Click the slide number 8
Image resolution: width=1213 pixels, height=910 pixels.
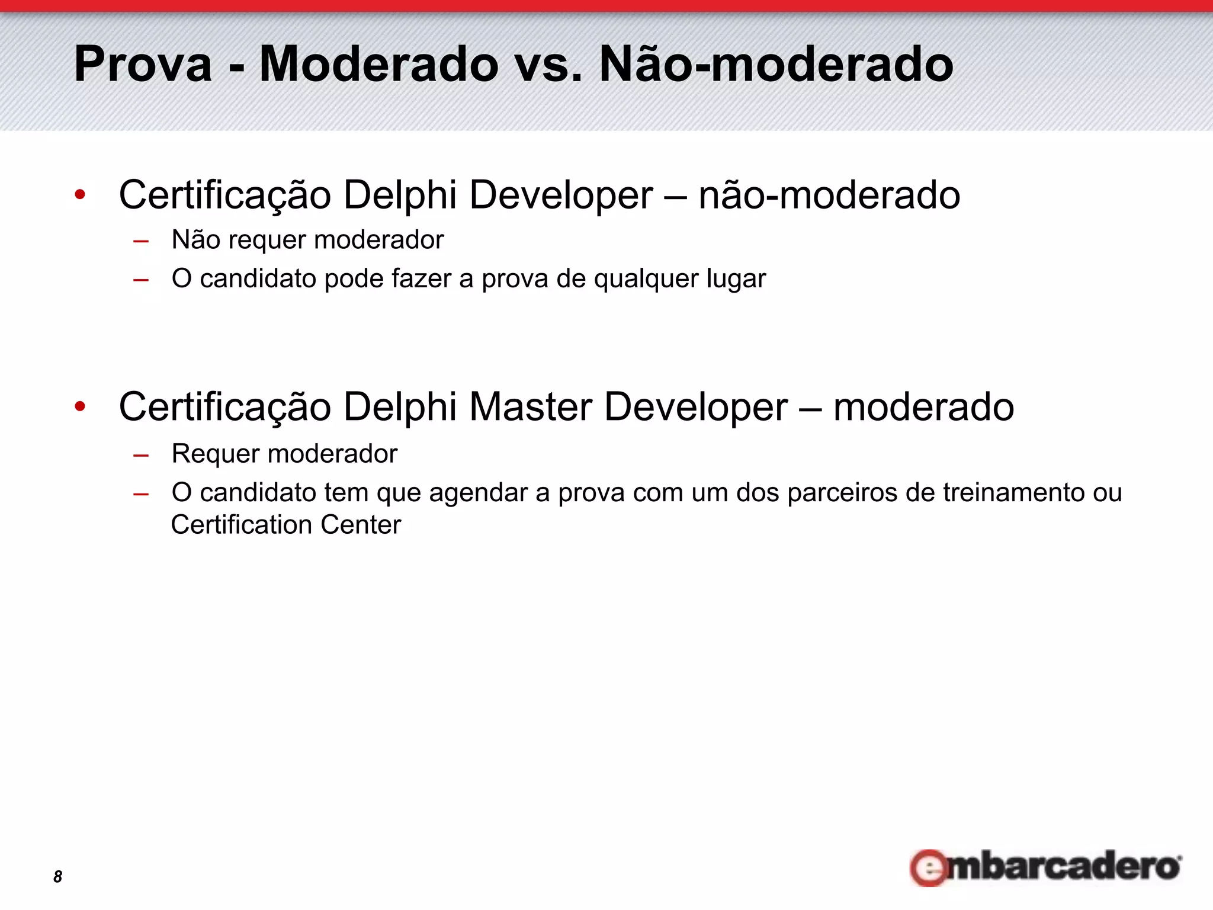tap(57, 876)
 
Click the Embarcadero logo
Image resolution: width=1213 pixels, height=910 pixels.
tap(1046, 867)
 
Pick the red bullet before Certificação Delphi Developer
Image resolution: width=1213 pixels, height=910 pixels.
tap(80, 194)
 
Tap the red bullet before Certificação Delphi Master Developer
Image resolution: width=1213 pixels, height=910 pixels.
tap(80, 406)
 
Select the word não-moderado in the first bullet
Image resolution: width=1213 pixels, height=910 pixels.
tap(829, 195)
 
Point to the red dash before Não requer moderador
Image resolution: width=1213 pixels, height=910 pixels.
tap(141, 241)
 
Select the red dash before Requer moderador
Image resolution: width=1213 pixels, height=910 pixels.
tap(141, 455)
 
